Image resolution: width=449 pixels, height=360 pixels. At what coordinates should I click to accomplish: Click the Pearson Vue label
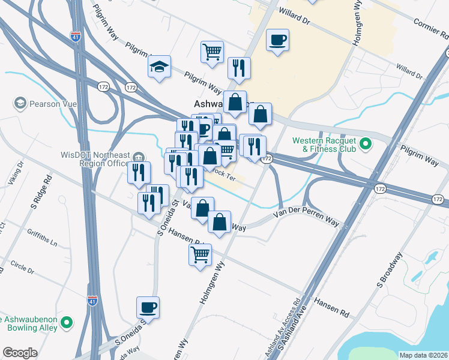pos(55,104)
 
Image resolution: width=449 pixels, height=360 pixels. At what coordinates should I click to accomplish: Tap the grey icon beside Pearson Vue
pos(21,103)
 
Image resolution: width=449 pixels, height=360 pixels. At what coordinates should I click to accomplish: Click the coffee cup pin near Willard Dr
pos(277,40)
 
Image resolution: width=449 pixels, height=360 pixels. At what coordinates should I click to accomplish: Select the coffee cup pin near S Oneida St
pos(148,308)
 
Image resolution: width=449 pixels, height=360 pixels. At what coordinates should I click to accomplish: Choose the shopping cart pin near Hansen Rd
pos(200,254)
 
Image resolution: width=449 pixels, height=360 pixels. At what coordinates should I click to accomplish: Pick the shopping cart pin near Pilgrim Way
pos(212,53)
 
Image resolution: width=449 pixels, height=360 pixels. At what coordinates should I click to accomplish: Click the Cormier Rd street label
pos(430,26)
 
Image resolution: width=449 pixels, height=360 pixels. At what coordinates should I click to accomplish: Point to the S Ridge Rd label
pos(48,188)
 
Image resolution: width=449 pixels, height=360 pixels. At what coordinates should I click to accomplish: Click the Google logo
pos(20,353)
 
